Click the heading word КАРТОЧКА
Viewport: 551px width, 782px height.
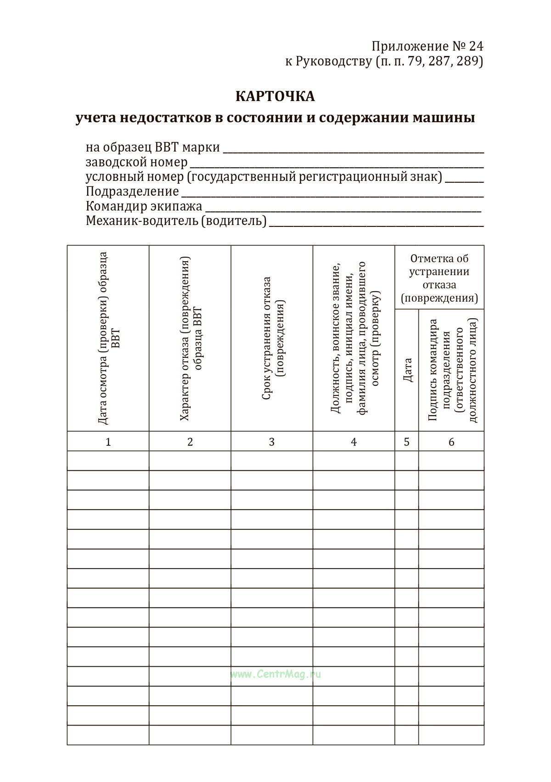[275, 96]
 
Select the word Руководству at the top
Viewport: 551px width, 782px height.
[333, 61]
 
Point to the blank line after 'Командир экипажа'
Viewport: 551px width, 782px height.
[343, 210]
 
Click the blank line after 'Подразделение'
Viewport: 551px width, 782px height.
[332, 196]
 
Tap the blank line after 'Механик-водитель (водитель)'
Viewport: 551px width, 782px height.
[376, 225]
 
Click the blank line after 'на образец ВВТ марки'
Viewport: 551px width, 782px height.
[353, 152]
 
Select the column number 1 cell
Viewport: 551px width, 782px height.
[108, 442]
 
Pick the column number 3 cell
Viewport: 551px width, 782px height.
[272, 442]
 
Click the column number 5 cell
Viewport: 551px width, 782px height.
[406, 442]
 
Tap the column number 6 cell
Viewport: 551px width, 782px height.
[451, 442]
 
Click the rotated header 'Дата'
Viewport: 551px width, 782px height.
[407, 370]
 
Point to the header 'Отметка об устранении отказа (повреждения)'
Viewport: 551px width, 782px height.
[439, 278]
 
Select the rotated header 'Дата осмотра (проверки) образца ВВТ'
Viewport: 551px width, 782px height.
[109, 338]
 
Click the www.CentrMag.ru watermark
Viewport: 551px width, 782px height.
[275, 674]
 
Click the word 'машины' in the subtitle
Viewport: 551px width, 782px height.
[444, 118]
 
